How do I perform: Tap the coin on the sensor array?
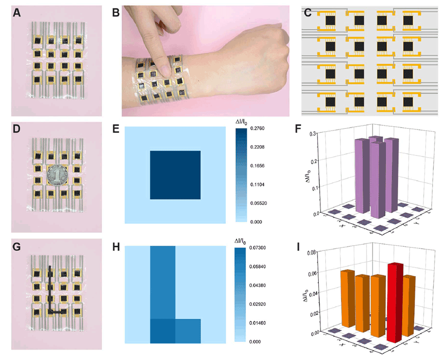(56, 176)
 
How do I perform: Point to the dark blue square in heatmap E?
(175, 174)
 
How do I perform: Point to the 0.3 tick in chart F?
(316, 134)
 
